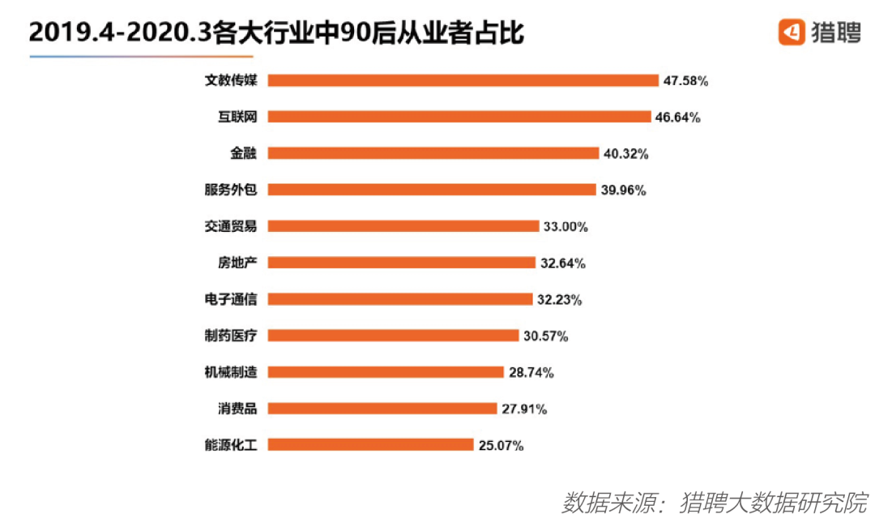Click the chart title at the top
point(276,33)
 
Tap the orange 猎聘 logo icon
point(791,32)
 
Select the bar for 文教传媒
point(463,80)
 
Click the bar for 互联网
point(459,117)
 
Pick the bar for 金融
point(433,153)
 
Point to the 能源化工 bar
point(370,444)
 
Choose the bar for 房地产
point(401,263)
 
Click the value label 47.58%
point(686,81)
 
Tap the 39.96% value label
point(623,191)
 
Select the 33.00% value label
point(566,227)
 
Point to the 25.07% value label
point(500,445)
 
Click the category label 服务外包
point(231,190)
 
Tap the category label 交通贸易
point(231,226)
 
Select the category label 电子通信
point(231,299)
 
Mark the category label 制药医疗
point(231,336)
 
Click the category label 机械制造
point(231,372)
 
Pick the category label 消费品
point(237,409)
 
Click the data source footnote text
point(714,501)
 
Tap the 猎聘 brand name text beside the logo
point(835,33)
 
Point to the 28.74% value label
point(531,373)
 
